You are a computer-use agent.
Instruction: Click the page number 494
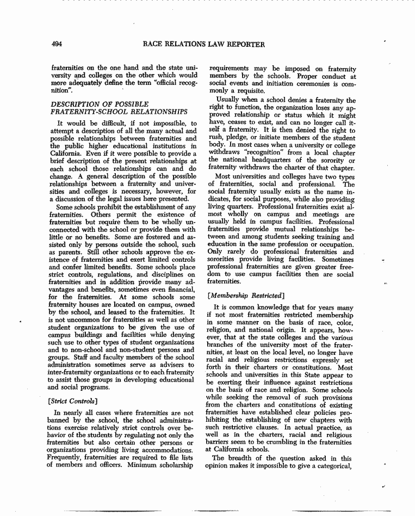click(x=58, y=44)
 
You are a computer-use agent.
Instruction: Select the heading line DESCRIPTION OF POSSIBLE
click(x=95, y=103)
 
